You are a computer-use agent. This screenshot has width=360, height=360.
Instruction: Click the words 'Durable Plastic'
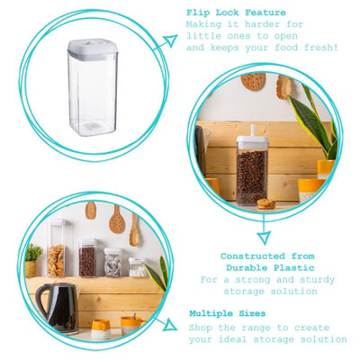pyautogui.click(x=269, y=268)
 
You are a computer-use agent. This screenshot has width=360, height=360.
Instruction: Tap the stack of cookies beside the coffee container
pyautogui.click(x=266, y=203)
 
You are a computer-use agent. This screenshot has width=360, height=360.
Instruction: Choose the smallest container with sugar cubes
pyautogui.click(x=137, y=267)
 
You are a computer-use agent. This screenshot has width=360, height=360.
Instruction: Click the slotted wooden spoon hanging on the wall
pyautogui.click(x=117, y=219)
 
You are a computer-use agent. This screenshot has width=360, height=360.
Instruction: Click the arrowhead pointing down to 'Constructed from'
pyautogui.click(x=264, y=238)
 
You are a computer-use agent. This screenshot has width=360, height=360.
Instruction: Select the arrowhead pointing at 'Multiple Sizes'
pyautogui.click(x=170, y=324)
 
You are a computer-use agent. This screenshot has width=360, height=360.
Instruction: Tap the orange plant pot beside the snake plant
pyautogui.click(x=326, y=168)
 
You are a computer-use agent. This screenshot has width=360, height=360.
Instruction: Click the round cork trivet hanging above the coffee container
pyautogui.click(x=254, y=81)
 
